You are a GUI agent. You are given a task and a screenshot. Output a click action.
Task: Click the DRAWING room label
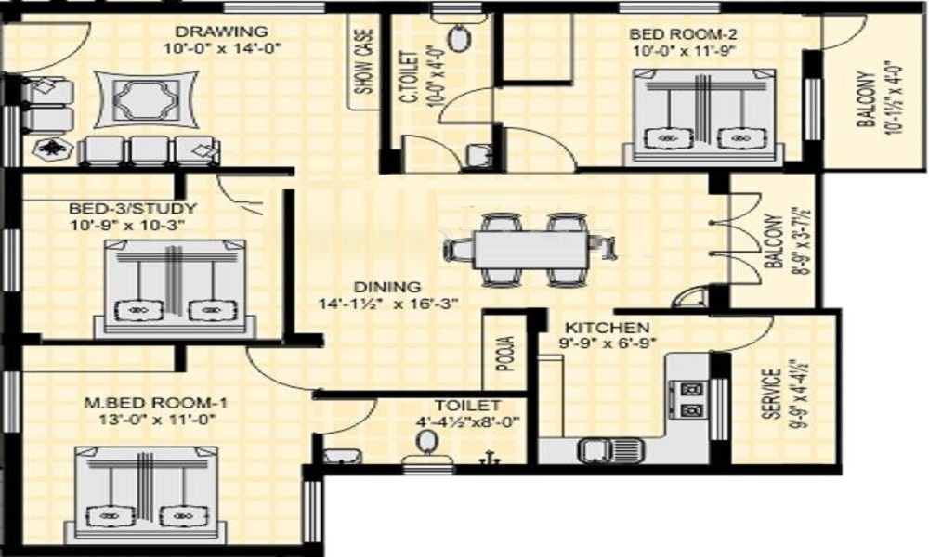pyautogui.click(x=222, y=31)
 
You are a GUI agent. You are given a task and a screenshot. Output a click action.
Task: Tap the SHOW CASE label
pyautogui.click(x=364, y=62)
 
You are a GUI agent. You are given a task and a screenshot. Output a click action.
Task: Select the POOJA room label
pyautogui.click(x=504, y=354)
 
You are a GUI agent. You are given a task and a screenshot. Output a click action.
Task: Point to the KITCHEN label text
pyautogui.click(x=607, y=328)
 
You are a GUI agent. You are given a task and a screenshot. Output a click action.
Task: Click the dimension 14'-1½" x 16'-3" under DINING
pyautogui.click(x=388, y=304)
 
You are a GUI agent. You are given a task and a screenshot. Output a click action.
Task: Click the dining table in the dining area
pyautogui.click(x=530, y=249)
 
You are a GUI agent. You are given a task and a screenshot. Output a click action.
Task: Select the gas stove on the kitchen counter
pyautogui.click(x=687, y=399)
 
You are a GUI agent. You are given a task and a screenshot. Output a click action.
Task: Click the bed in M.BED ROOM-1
pyautogui.click(x=145, y=494)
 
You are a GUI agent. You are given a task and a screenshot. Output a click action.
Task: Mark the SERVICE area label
pyautogui.click(x=771, y=395)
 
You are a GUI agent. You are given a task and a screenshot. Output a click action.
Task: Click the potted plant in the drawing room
pyautogui.click(x=53, y=149)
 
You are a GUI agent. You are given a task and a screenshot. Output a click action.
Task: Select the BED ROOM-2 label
pyautogui.click(x=683, y=33)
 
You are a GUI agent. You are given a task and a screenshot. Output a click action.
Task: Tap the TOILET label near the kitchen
pyautogui.click(x=467, y=406)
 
